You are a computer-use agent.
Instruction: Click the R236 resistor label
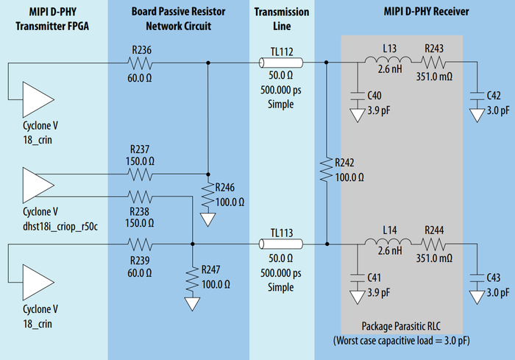click(x=141, y=50)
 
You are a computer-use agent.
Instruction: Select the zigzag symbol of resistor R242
click(x=325, y=170)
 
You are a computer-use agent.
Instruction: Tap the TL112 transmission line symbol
click(x=282, y=63)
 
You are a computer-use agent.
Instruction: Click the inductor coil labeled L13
click(x=390, y=63)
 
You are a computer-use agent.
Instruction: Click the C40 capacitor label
click(x=374, y=96)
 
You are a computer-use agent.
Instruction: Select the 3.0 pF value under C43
click(x=498, y=292)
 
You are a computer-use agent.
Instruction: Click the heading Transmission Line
click(x=282, y=18)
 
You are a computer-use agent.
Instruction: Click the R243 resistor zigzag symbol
click(x=434, y=63)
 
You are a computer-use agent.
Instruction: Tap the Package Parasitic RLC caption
click(x=402, y=326)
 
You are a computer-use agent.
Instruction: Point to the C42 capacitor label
click(x=494, y=96)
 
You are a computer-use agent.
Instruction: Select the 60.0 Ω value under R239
click(x=140, y=272)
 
